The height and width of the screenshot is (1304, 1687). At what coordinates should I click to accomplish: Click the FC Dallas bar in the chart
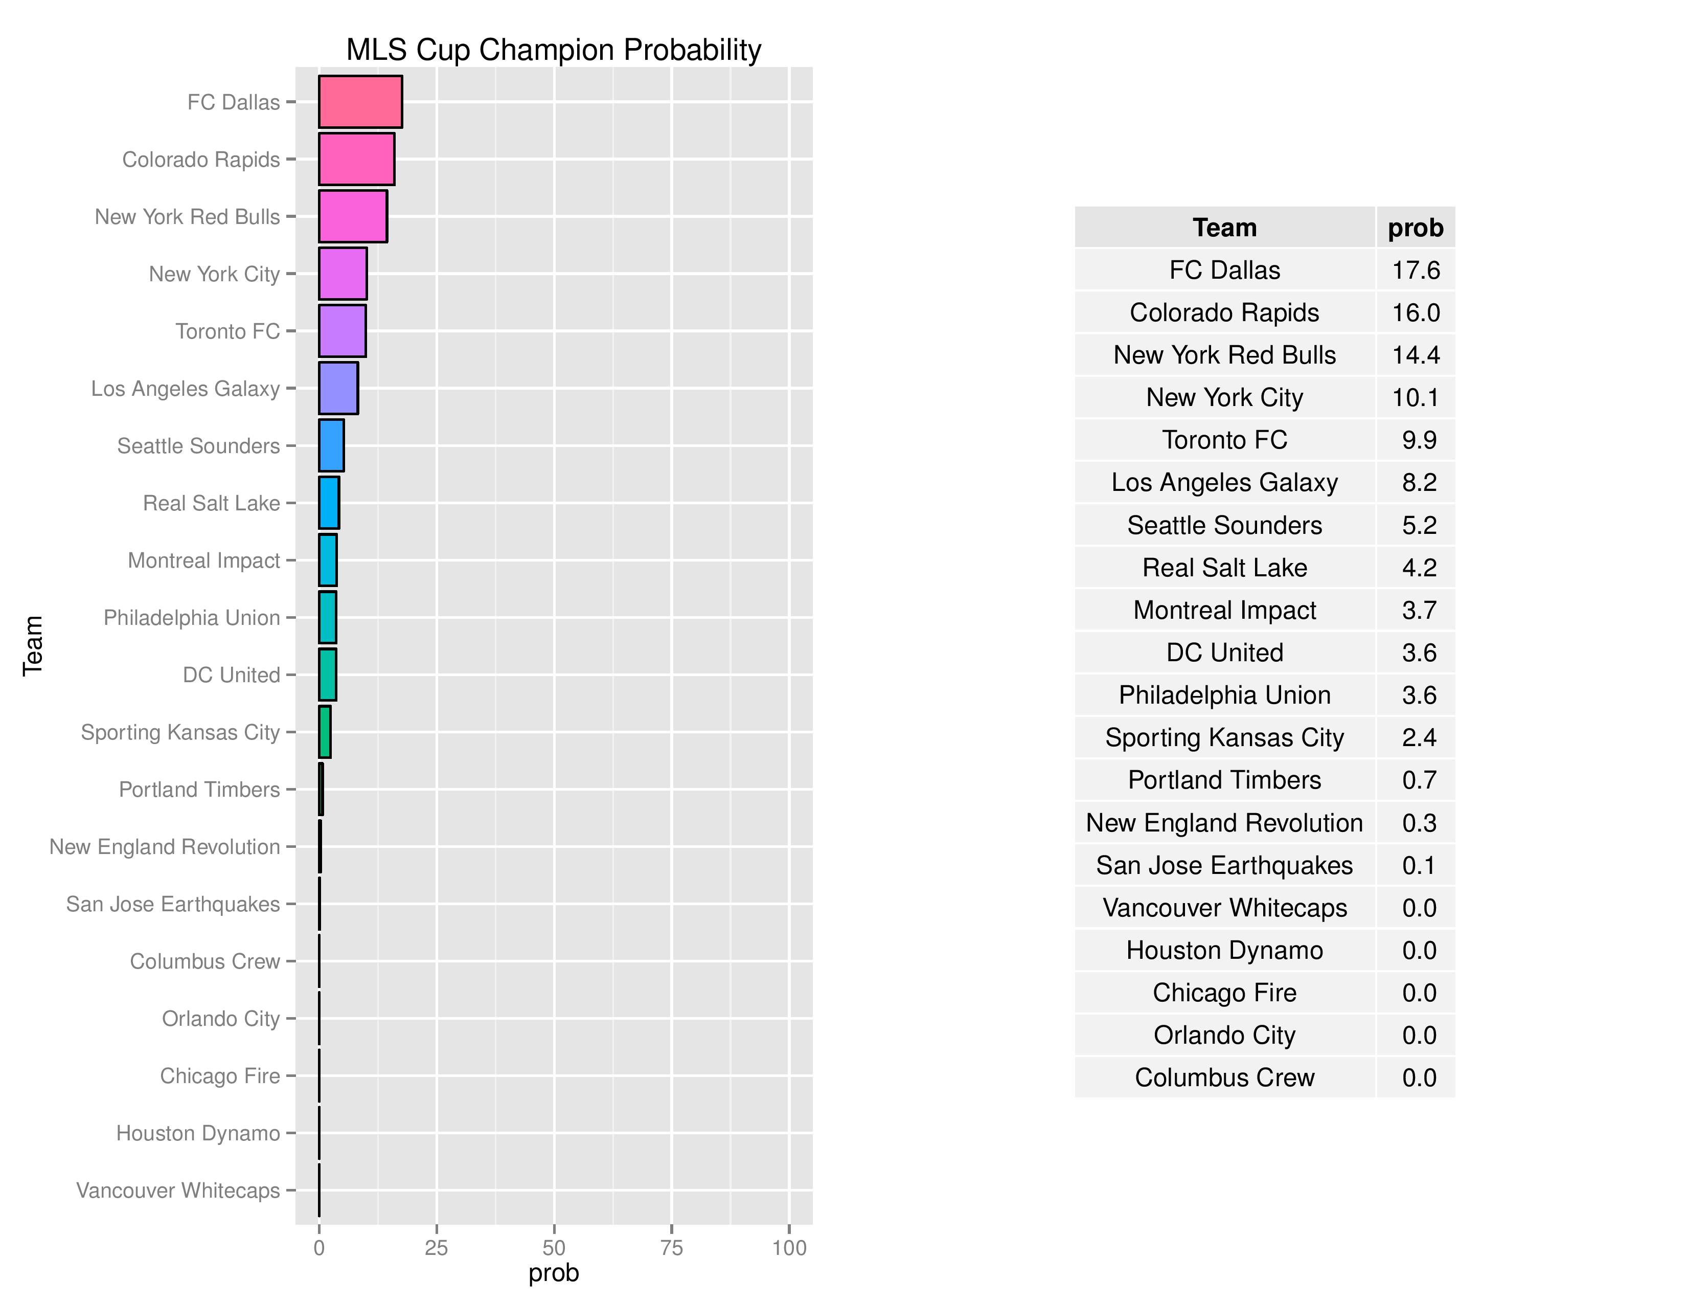click(x=360, y=101)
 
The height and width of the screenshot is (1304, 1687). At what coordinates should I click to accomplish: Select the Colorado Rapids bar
click(x=356, y=159)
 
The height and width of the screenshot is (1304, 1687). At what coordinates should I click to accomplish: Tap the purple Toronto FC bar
click(x=342, y=331)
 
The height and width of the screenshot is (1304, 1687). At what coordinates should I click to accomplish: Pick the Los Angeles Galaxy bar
click(x=338, y=388)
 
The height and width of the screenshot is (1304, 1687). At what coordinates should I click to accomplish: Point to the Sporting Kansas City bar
click(x=325, y=732)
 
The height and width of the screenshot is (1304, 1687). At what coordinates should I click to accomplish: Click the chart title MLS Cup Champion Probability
click(x=553, y=50)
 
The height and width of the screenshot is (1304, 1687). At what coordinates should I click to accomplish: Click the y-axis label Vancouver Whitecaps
click(x=178, y=1190)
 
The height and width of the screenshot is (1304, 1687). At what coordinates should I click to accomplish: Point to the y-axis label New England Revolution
click(x=165, y=847)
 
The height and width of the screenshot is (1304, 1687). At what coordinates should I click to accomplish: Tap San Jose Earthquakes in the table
click(x=1224, y=865)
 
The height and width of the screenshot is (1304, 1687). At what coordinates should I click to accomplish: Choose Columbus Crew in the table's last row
click(x=1224, y=1077)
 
